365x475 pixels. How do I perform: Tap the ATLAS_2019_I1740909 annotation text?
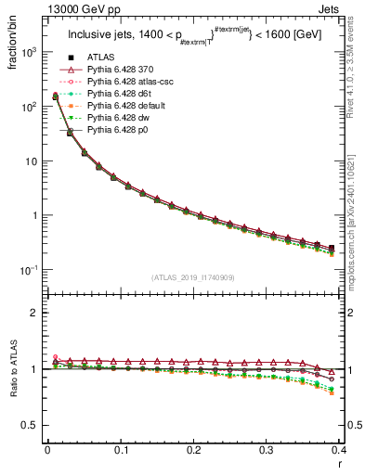tap(193, 276)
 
